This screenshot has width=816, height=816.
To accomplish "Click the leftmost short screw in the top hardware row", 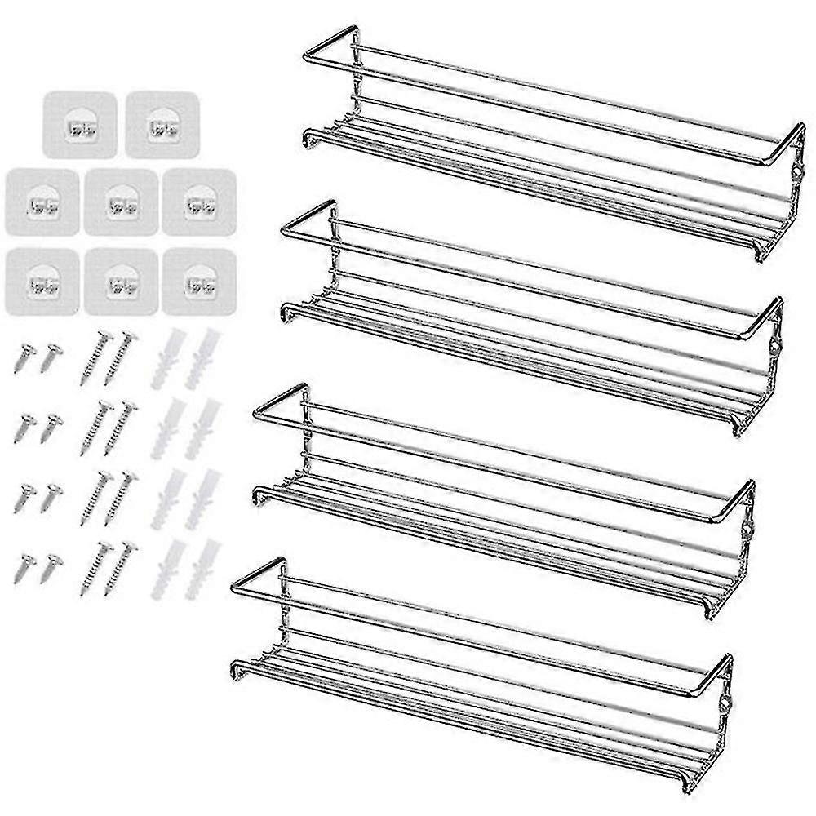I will tap(23, 357).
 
